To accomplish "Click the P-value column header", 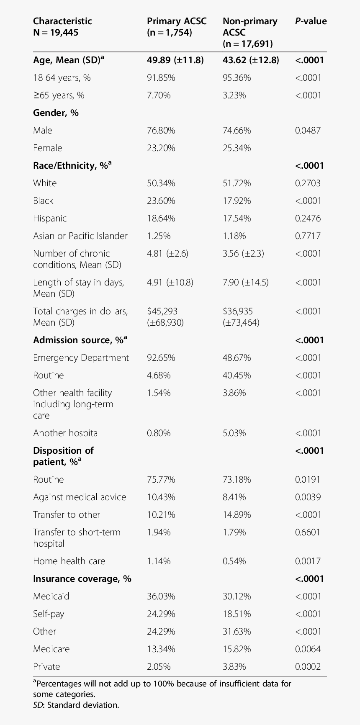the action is tap(311, 21).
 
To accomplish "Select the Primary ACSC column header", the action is tap(177, 27).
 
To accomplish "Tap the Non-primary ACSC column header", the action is tap(250, 33).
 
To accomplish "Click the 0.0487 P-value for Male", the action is tap(308, 131).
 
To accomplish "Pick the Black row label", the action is tap(43, 201).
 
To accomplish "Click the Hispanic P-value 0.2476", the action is tap(308, 219).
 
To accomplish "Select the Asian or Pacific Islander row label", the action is tap(80, 236).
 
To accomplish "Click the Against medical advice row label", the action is tap(80, 497).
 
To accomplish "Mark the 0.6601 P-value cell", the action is tap(308, 532).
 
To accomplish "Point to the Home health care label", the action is tap(69, 561).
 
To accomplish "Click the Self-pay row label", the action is tap(49, 614).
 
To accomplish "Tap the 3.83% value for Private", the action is tap(234, 667).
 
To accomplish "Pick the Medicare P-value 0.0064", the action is tap(308, 649).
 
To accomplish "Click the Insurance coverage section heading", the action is tap(82, 579).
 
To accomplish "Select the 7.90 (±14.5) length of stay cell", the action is tap(246, 283).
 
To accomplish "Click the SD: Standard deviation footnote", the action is tap(76, 705).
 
